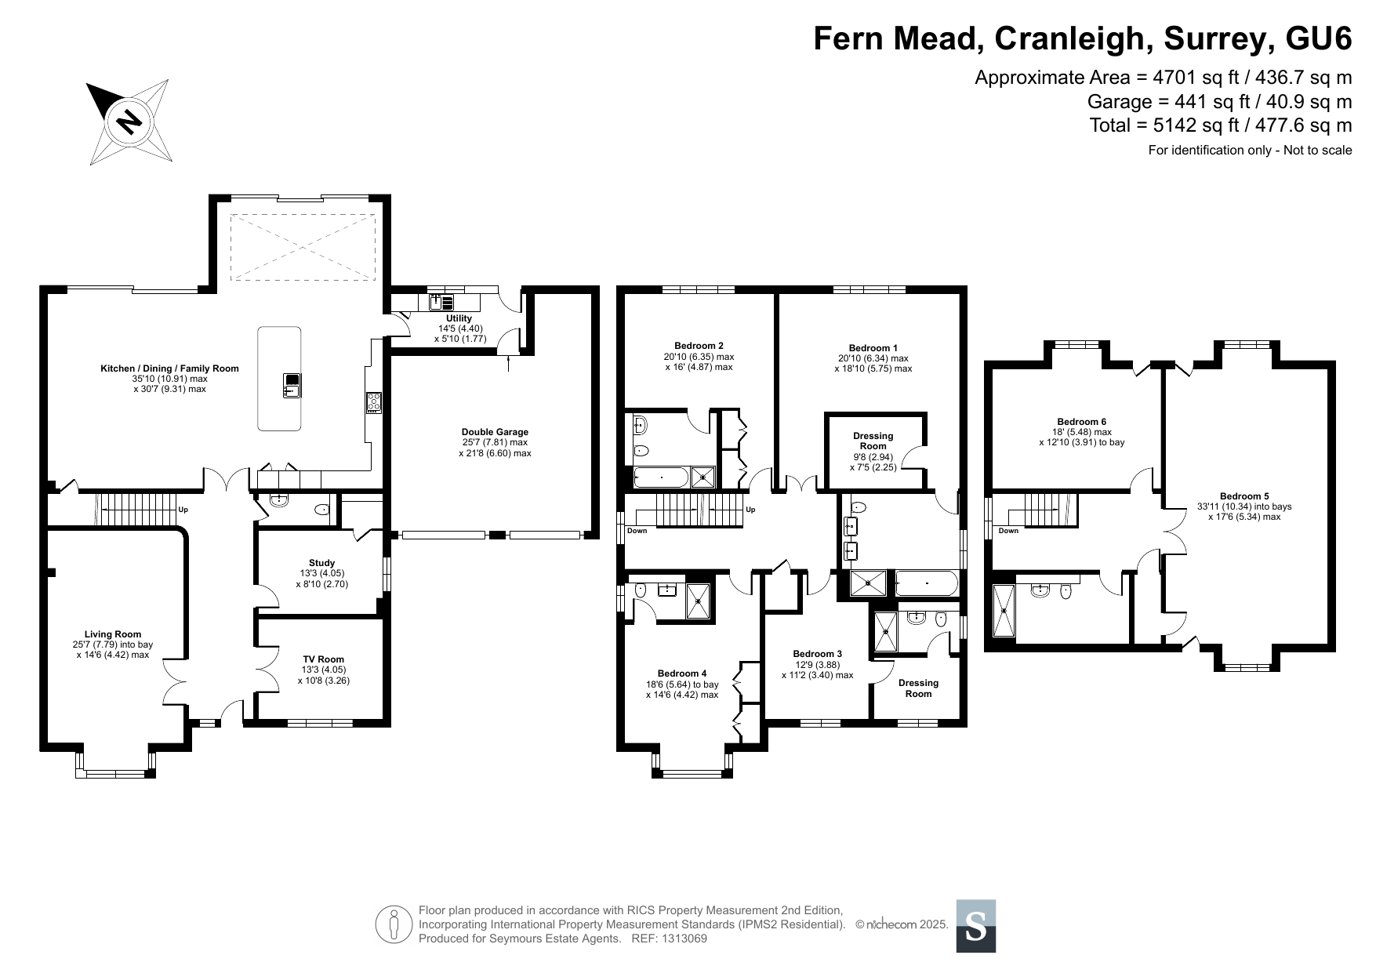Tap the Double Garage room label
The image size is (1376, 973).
pos(495,432)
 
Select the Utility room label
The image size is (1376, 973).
pos(459,318)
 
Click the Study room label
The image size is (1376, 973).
pos(321,563)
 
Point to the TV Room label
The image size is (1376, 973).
pos(323,659)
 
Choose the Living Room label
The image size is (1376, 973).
pos(113,634)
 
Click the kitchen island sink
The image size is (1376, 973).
pos(292,385)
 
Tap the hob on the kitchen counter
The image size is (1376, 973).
pos(373,402)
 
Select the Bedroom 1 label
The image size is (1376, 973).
pos(873,348)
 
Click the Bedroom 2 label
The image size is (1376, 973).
pos(699,346)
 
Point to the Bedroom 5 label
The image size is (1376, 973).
pos(1244,496)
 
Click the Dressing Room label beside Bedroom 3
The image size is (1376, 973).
pos(919,688)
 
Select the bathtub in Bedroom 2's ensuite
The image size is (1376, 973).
pos(661,477)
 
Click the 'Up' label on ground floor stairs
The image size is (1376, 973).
pos(183,510)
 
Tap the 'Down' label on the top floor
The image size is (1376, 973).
pos(1008,531)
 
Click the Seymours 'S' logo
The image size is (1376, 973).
pos(976,926)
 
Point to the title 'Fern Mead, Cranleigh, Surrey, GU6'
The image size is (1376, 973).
pos(1083,38)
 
